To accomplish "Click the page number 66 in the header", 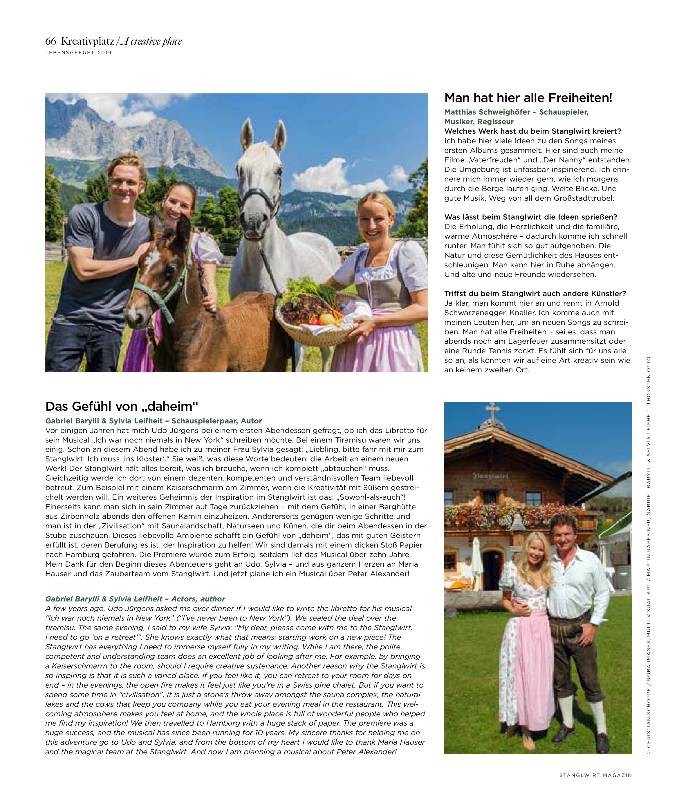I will (x=51, y=41).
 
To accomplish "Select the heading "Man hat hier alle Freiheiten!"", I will (x=528, y=98).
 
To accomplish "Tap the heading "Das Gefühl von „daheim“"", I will (x=122, y=406).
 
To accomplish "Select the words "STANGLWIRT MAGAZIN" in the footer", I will (x=595, y=775).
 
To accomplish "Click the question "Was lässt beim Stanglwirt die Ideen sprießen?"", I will (x=531, y=217).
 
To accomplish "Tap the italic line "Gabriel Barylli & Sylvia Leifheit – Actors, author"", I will (x=135, y=599).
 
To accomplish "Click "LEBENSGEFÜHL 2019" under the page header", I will (x=79, y=52).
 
